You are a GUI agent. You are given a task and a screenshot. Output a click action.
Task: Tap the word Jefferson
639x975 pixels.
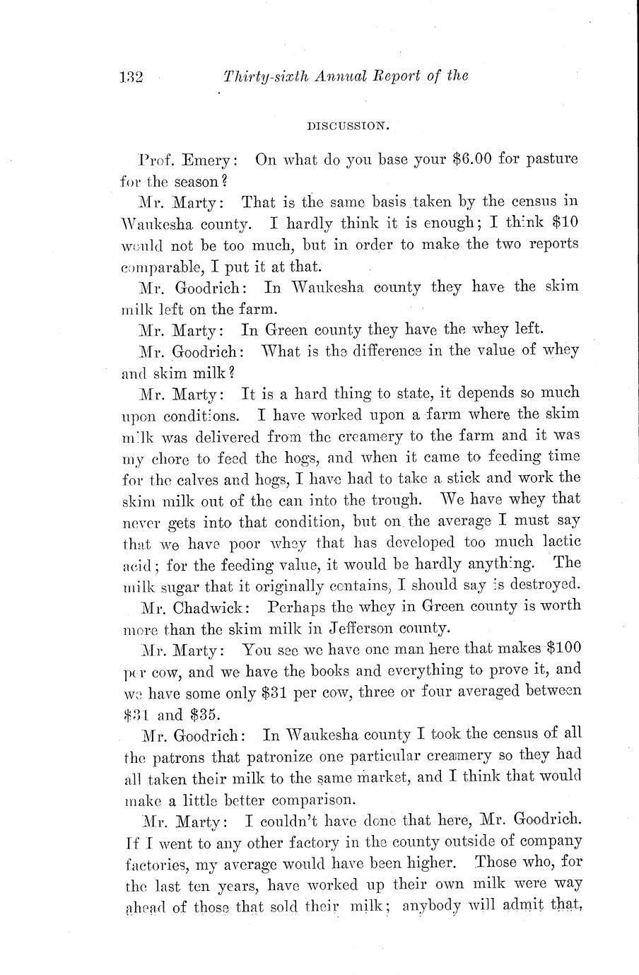tap(365, 627)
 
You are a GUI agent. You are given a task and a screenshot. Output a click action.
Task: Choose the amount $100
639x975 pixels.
tap(563, 648)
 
